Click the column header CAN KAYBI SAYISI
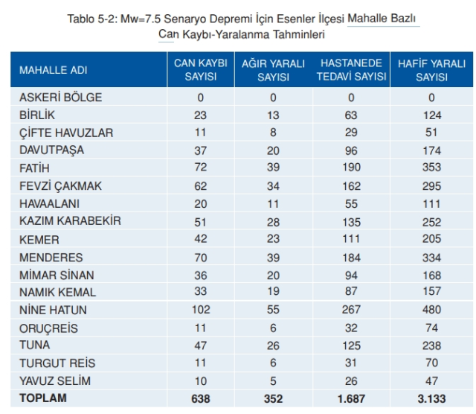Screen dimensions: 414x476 (200, 70)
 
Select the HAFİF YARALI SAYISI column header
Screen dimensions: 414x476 (431, 70)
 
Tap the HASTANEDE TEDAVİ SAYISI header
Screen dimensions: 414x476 (351, 70)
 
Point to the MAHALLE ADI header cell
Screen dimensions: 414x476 (54, 70)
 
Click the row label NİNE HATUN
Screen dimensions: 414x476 (53, 310)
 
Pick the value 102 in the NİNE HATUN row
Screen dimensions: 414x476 (200, 310)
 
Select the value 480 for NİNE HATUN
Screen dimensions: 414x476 (431, 310)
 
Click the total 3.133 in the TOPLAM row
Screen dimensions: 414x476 (431, 399)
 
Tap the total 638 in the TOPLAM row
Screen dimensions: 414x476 (200, 399)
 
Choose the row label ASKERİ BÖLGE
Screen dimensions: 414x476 (61, 98)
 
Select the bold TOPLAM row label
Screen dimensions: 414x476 (43, 398)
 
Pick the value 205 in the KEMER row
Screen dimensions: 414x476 (431, 240)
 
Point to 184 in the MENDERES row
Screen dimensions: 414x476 (351, 258)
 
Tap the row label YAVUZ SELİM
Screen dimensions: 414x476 (57, 381)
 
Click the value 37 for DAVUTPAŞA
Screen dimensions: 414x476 (200, 150)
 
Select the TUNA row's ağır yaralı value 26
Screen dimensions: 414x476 (273, 346)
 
